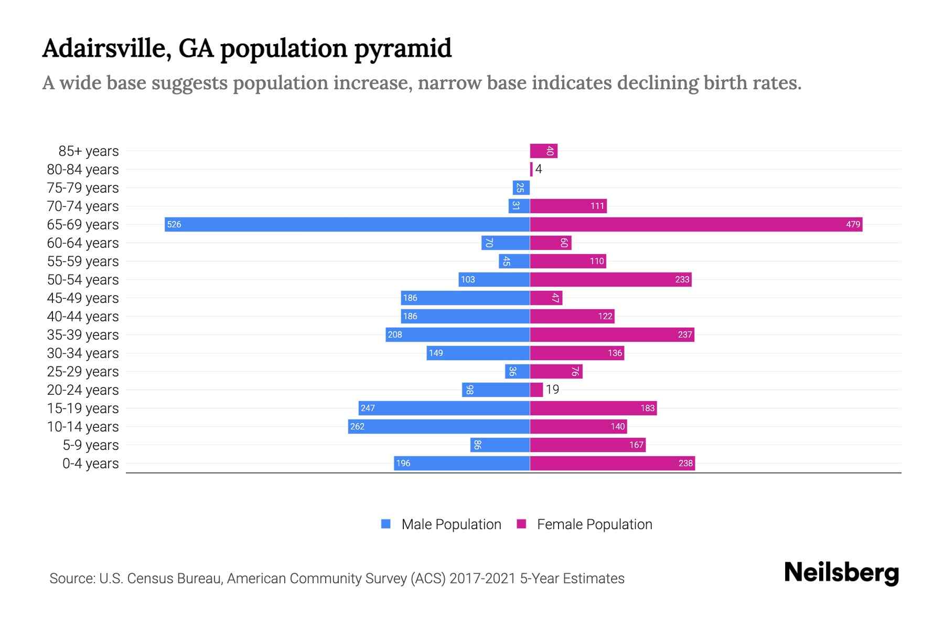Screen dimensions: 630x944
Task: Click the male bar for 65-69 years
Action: [347, 225]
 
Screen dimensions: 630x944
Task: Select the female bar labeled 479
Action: [696, 225]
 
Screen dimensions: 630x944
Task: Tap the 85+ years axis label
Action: [88, 151]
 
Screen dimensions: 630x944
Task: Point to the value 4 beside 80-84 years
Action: [538, 170]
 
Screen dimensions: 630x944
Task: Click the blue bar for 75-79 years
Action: [521, 188]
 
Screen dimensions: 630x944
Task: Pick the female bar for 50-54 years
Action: [610, 280]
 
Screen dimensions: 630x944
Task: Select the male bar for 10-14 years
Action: [438, 427]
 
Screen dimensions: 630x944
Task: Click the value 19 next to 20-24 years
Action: [552, 390]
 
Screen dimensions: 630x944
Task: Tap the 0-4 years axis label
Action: [90, 464]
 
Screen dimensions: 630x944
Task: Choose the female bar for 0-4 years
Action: [612, 464]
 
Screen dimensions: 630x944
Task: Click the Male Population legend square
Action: [386, 524]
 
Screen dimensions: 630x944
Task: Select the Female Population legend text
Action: [594, 524]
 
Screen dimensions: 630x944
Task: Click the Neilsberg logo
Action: [841, 573]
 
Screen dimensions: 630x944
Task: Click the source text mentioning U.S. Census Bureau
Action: [337, 579]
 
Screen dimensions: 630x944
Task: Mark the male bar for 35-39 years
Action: [457, 335]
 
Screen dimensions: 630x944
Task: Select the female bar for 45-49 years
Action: [546, 298]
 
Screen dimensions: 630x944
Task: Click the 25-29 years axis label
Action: [83, 372]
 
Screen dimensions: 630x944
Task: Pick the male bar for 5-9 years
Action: [500, 445]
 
